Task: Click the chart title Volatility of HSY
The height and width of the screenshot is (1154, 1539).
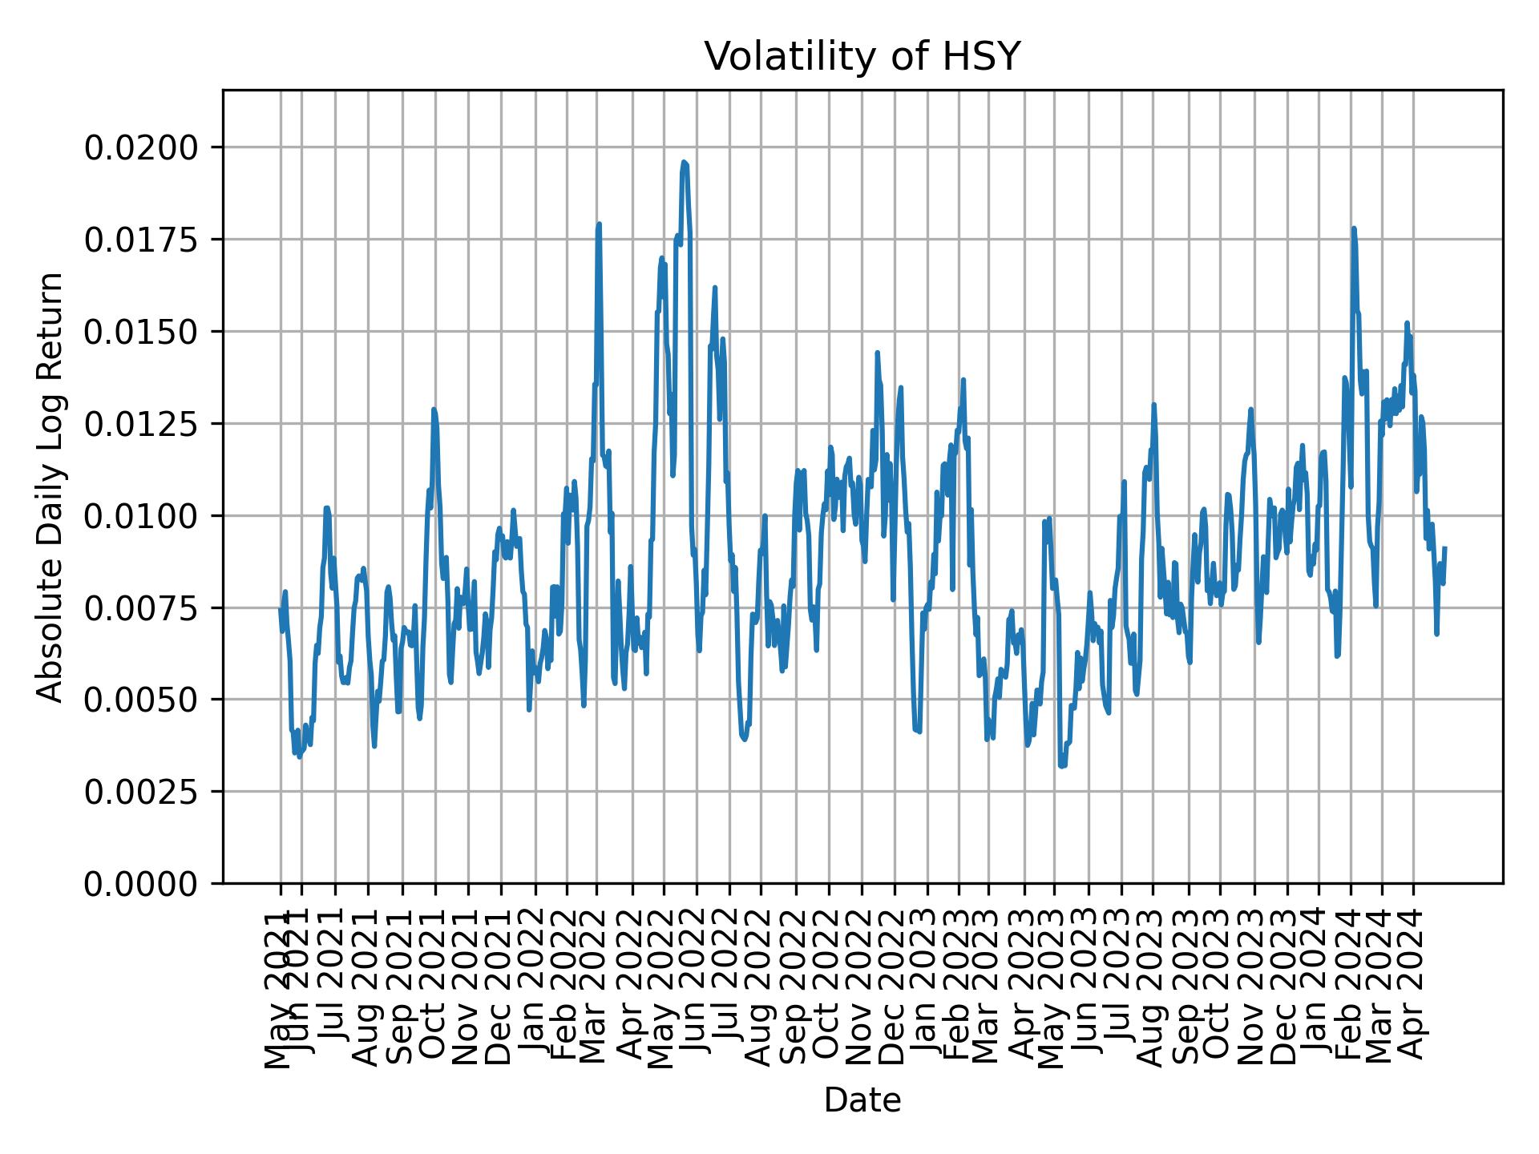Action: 862,58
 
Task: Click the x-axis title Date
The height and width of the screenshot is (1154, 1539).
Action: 862,1101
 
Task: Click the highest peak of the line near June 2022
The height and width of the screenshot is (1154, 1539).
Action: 684,162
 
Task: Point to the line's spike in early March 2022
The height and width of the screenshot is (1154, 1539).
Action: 599,224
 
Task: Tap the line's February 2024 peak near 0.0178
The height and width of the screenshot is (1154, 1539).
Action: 1353,228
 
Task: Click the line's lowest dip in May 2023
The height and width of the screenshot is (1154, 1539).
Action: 1060,767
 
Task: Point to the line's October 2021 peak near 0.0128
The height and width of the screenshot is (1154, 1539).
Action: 434,410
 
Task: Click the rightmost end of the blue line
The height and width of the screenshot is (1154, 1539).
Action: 1444,548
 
